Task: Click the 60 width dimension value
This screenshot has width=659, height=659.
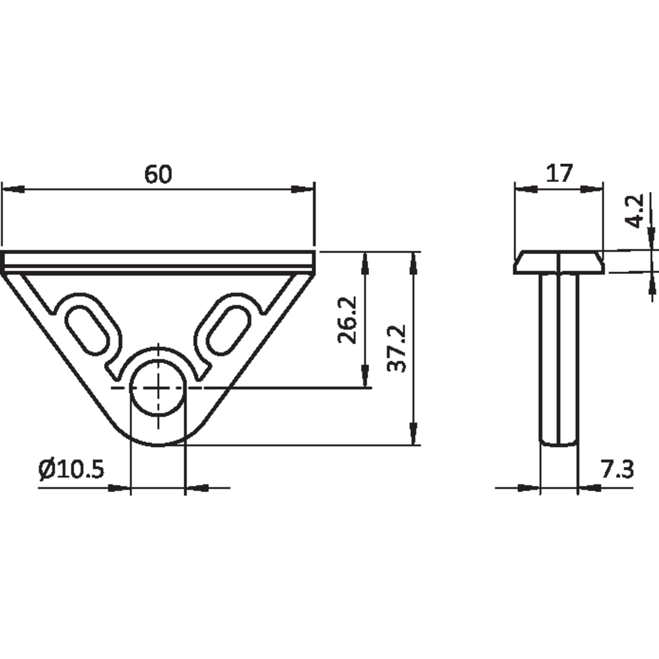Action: click(x=158, y=174)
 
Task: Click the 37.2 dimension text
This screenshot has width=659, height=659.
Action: click(x=396, y=348)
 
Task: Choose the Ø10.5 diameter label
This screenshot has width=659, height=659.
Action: click(x=71, y=469)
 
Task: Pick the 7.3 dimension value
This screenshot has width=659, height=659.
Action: click(x=617, y=469)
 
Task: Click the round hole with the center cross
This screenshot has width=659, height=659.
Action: click(x=158, y=388)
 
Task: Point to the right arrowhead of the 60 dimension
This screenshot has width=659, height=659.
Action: click(x=302, y=189)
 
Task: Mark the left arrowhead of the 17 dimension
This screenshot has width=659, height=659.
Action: click(x=526, y=189)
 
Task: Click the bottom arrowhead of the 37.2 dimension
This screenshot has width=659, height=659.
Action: click(x=414, y=434)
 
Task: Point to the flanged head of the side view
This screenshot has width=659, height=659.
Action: click(x=559, y=262)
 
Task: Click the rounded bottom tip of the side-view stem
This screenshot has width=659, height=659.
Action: click(x=559, y=444)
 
